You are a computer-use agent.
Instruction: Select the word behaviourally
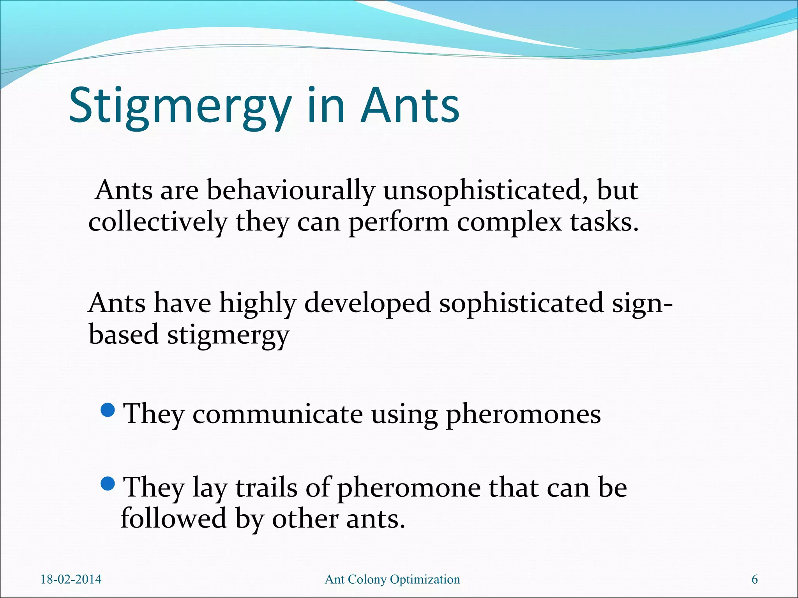(x=290, y=191)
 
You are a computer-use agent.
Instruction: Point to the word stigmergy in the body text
(x=228, y=335)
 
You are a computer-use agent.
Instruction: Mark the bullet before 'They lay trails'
(x=108, y=484)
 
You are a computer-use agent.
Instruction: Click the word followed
(x=174, y=519)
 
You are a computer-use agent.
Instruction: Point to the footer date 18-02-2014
(x=71, y=579)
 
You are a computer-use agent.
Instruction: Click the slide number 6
(x=755, y=579)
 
